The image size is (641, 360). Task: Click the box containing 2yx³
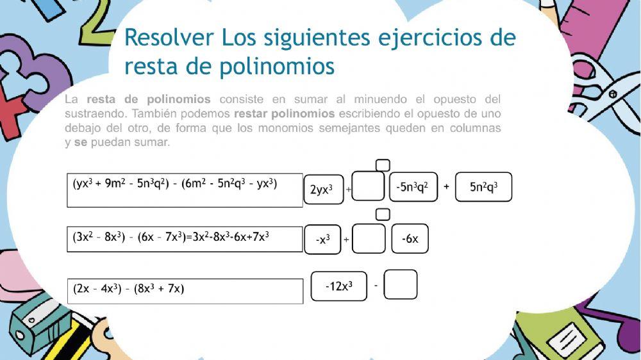click(324, 189)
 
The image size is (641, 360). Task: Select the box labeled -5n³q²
click(413, 187)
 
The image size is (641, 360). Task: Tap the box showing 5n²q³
click(483, 187)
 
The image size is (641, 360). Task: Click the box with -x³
click(323, 239)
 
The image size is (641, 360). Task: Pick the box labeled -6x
click(410, 239)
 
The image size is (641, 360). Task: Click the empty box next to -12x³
click(401, 284)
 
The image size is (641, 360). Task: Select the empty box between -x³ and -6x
click(369, 238)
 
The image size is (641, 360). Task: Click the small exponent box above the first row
click(383, 165)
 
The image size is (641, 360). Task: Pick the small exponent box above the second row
click(383, 214)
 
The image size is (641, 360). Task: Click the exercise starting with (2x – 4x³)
click(185, 290)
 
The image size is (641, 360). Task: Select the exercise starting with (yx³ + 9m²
click(185, 190)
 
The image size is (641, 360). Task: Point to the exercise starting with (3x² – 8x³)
click(185, 239)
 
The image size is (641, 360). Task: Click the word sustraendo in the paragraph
click(91, 113)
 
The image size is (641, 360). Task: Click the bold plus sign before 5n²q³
click(446, 187)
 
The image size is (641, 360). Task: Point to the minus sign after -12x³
click(376, 285)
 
